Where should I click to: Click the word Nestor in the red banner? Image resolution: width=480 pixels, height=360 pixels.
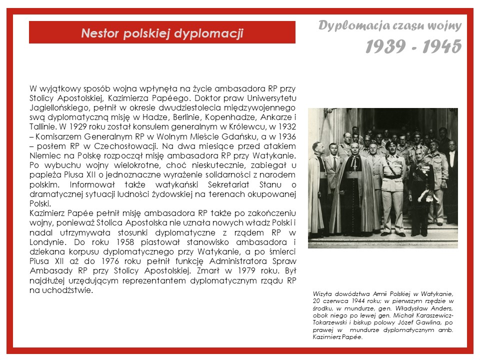point(100,33)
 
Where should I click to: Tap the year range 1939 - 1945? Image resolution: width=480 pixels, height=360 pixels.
point(413,46)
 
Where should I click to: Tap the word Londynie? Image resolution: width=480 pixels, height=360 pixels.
point(45,243)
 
